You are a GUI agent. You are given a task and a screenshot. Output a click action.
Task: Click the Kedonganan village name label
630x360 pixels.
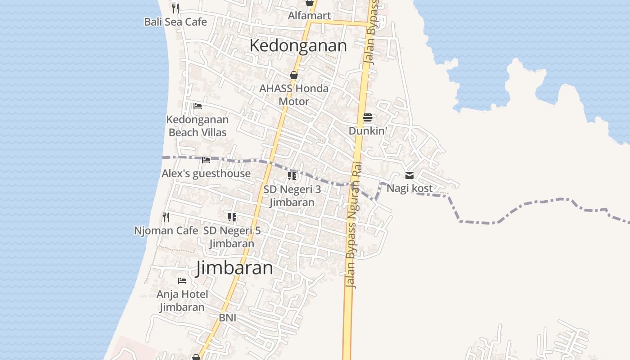pyautogui.click(x=298, y=45)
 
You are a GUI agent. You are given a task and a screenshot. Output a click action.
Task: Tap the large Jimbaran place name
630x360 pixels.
pyautogui.click(x=234, y=268)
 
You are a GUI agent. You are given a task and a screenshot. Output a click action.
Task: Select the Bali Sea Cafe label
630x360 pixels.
pyautogui.click(x=175, y=22)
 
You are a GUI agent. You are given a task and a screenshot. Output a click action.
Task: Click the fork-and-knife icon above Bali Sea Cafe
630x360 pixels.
pyautogui.click(x=175, y=8)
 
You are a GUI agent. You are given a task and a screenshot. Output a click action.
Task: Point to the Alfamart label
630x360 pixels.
pyautogui.click(x=310, y=16)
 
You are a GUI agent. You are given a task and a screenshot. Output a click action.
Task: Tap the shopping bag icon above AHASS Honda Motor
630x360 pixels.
pyautogui.click(x=294, y=75)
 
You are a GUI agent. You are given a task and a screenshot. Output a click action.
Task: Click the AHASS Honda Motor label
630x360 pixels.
pyautogui.click(x=294, y=94)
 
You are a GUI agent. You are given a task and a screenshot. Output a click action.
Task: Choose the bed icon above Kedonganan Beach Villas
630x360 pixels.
pyautogui.click(x=197, y=107)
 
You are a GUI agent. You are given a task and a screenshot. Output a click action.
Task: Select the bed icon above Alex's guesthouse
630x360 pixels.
pyautogui.click(x=206, y=160)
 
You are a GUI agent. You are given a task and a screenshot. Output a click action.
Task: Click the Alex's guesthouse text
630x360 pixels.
pyautogui.click(x=206, y=173)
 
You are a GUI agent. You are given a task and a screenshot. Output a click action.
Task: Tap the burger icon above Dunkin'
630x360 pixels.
pyautogui.click(x=368, y=118)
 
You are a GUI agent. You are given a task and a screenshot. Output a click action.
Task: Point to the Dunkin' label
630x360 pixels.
pyautogui.click(x=368, y=131)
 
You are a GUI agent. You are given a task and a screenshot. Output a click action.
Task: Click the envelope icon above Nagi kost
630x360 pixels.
pyautogui.click(x=409, y=175)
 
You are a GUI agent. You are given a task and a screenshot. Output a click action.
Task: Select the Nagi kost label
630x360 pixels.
pyautogui.click(x=409, y=188)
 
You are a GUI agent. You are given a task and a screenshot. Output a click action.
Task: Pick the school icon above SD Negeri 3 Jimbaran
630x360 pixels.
pyautogui.click(x=292, y=176)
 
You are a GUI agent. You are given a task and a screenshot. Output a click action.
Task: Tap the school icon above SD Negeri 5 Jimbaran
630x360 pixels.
pyautogui.click(x=232, y=218)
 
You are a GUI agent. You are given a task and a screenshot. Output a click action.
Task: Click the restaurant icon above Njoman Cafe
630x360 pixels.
pyautogui.click(x=166, y=217)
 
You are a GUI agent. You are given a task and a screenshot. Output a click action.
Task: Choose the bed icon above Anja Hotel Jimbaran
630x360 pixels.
pyautogui.click(x=182, y=281)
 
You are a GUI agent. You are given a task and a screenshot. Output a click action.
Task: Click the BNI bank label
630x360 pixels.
pyautogui.click(x=228, y=318)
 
